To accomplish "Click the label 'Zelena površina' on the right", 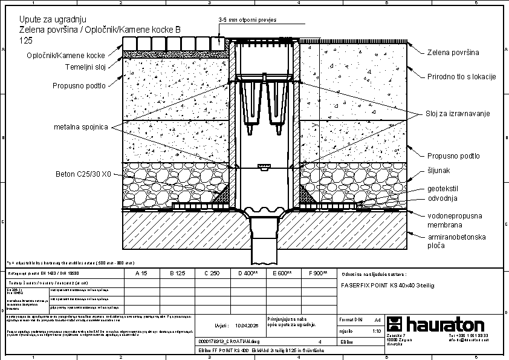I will pos(453,53).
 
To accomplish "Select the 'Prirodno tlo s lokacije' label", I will pos(461,76).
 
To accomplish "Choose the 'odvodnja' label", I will pos(443,198).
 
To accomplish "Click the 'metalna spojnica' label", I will pos(80,127).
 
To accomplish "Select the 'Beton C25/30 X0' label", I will pos(83,174).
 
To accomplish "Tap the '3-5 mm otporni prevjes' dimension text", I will pos(247,20).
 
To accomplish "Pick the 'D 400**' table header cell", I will pos(248,273).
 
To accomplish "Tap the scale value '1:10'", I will pos(376,332).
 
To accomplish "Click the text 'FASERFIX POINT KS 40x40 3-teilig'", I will pos(388,284).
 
